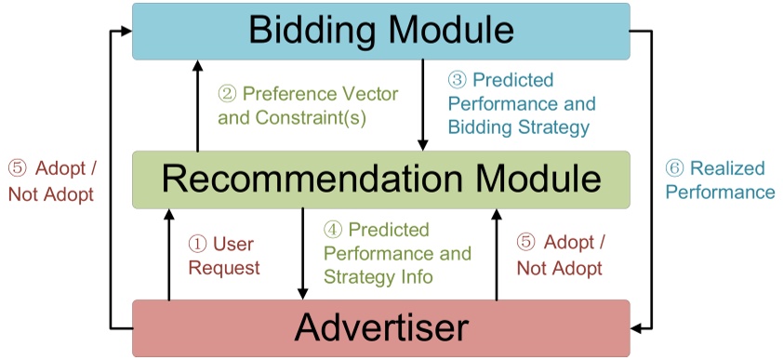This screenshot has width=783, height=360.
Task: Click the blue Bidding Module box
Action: pyautogui.click(x=381, y=31)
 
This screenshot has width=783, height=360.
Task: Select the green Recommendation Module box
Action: pyautogui.click(x=381, y=180)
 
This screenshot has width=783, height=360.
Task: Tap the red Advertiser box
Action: pyautogui.click(x=381, y=328)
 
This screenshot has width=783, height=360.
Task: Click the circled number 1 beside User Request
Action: pyautogui.click(x=197, y=244)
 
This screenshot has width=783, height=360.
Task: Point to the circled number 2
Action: pyautogui.click(x=227, y=94)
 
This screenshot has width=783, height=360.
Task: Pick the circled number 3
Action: pyautogui.click(x=457, y=80)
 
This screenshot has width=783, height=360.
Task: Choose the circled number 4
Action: pyautogui.click(x=333, y=230)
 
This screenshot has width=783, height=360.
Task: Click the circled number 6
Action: pyautogui.click(x=674, y=168)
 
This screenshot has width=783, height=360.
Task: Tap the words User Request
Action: pyautogui.click(x=224, y=256)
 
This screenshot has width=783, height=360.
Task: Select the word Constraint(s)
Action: pyautogui.click(x=312, y=118)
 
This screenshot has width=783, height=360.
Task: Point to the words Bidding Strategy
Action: pyautogui.click(x=519, y=127)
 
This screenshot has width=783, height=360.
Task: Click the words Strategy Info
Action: pyautogui.click(x=378, y=276)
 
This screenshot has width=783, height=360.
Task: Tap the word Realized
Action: pyautogui.click(x=727, y=168)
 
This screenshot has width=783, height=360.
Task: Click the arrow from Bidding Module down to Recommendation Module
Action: pyautogui.click(x=423, y=105)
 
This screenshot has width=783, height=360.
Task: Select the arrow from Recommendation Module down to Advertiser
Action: pyautogui.click(x=302, y=254)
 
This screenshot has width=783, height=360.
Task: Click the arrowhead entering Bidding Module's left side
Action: pyautogui.click(x=126, y=31)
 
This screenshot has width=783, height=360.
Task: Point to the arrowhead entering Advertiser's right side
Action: pyautogui.click(x=637, y=328)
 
